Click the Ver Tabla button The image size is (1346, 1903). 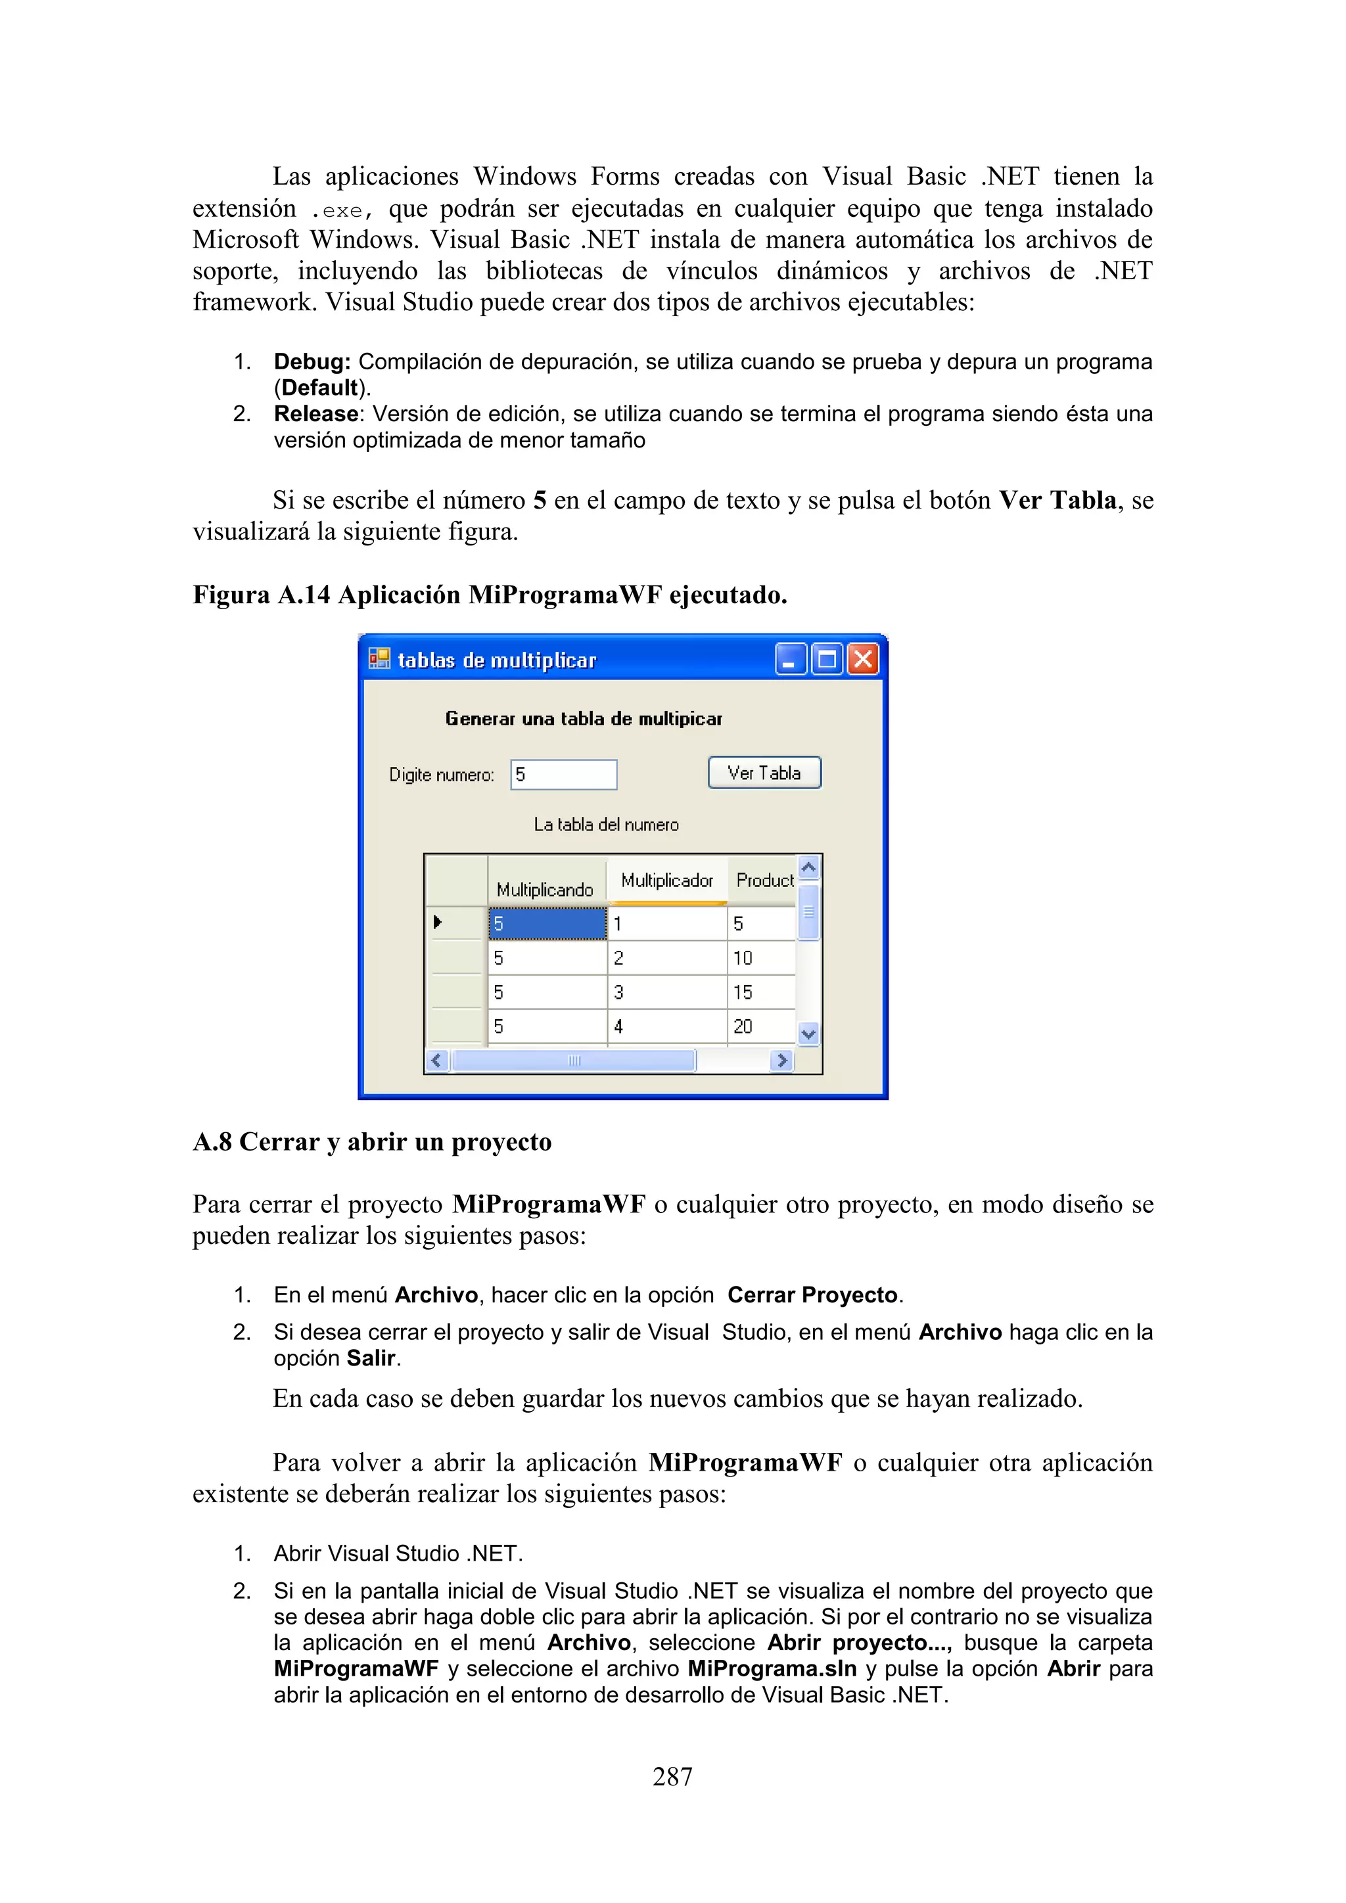point(764,773)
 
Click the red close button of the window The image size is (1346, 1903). point(863,660)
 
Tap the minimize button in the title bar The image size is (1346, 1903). point(791,660)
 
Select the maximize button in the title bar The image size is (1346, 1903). point(826,660)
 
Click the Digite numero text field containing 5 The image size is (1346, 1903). point(564,775)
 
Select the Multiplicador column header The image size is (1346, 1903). point(667,881)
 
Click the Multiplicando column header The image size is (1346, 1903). point(545,888)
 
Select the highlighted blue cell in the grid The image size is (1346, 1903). point(547,923)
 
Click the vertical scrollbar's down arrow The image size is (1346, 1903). point(809,1034)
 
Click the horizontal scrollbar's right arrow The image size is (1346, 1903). point(781,1060)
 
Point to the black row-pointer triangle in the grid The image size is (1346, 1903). point(438,922)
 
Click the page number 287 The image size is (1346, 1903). point(672,1776)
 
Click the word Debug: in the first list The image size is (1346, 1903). point(312,362)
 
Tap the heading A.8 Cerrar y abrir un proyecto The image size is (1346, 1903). point(372,1141)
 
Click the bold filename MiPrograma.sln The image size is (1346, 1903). point(772,1668)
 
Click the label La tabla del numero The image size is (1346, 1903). point(606,825)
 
